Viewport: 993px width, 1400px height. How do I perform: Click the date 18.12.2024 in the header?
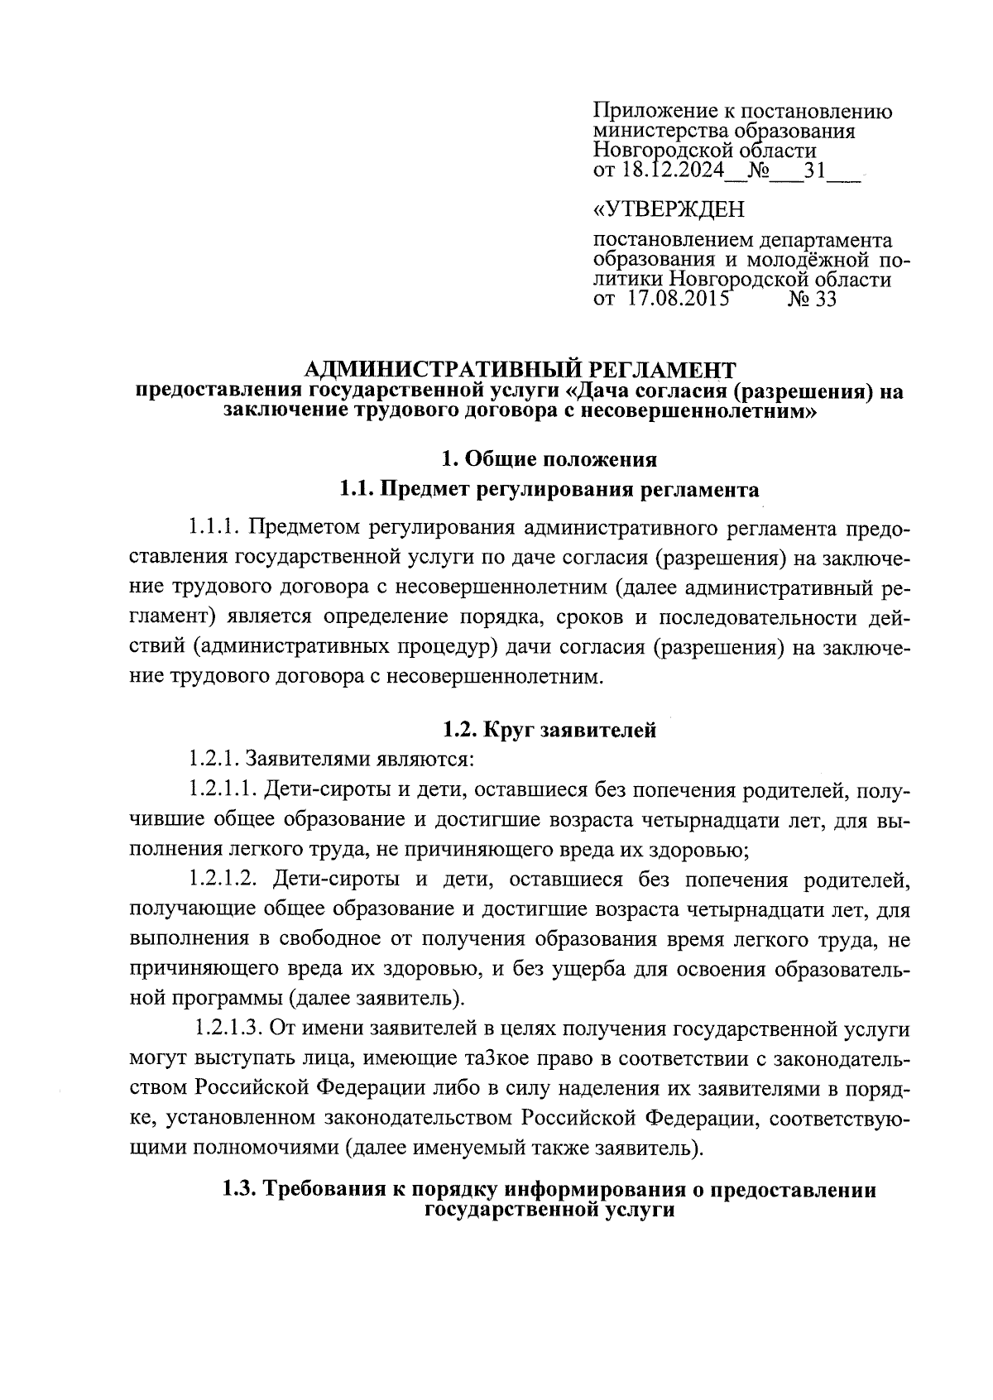(x=671, y=171)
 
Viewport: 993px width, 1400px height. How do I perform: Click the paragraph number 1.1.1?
(x=213, y=527)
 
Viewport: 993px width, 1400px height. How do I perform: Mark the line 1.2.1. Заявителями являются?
(x=331, y=758)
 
